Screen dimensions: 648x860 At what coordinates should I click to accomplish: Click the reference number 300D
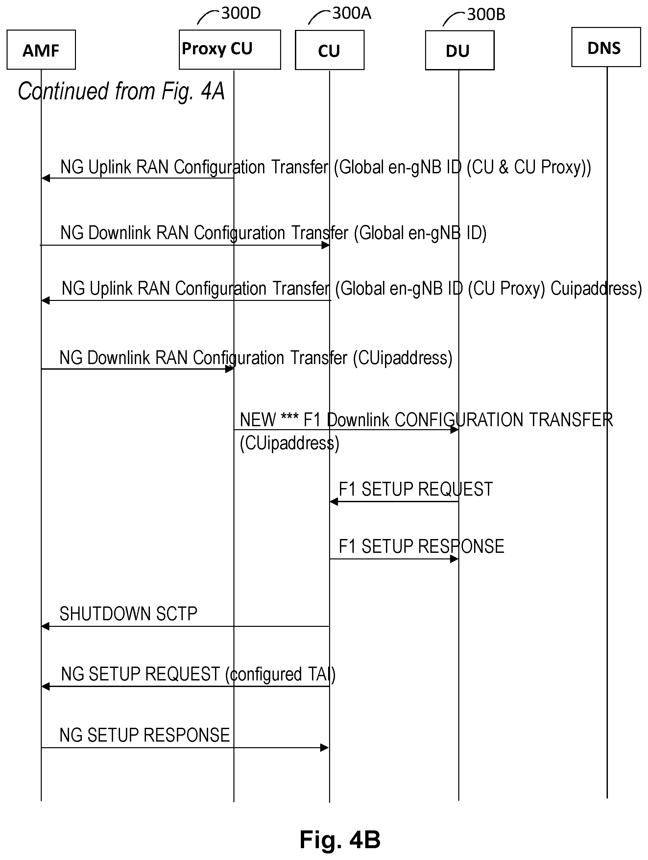(241, 13)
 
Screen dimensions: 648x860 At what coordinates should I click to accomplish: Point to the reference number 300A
(352, 13)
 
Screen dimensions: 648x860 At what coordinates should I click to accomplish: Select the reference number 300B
(486, 15)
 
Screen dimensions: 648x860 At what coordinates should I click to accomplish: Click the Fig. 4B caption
(340, 839)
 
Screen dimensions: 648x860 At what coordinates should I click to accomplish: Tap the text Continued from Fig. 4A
(121, 91)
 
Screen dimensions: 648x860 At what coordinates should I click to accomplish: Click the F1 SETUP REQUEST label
(416, 489)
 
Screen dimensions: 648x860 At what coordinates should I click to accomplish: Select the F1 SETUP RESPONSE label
(421, 546)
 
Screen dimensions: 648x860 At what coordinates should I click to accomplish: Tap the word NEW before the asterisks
(258, 420)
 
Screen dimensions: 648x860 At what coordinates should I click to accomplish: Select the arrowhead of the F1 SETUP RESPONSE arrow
(454, 559)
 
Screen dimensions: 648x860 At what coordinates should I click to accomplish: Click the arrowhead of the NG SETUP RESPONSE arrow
(324, 748)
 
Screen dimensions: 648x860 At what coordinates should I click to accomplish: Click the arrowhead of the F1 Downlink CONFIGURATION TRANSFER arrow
(454, 430)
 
